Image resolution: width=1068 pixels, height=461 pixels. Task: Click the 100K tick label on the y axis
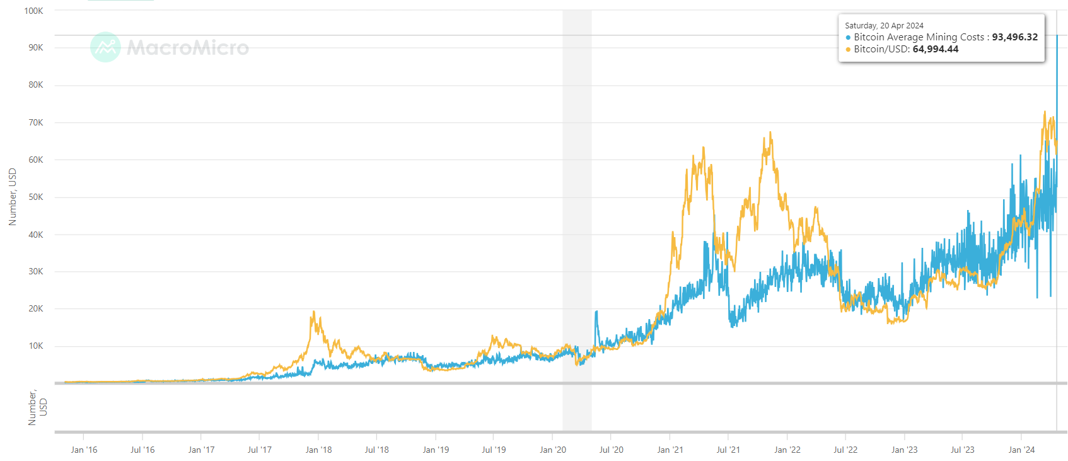[x=33, y=11]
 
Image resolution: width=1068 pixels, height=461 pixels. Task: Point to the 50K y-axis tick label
[x=35, y=197]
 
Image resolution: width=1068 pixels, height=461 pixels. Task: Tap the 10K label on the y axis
[x=35, y=346]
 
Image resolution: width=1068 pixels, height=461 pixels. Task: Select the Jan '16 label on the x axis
[x=84, y=450]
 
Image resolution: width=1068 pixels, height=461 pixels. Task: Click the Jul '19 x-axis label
[x=494, y=450]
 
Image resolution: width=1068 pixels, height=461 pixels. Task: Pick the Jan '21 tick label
[x=670, y=450]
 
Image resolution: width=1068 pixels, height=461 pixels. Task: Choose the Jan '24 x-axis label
[x=1021, y=450]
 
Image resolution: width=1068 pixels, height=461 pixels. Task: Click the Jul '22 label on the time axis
[x=845, y=450]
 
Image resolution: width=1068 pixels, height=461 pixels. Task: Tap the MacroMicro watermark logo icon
[x=105, y=47]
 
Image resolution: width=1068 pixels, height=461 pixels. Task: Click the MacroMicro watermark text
[x=188, y=48]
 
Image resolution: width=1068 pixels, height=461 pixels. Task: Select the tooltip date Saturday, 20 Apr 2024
[x=884, y=26]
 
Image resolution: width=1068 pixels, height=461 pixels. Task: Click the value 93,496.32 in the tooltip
[x=1014, y=37]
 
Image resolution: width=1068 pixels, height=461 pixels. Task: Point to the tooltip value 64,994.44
[x=935, y=49]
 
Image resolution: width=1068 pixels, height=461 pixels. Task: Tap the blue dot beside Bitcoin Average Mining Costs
[x=848, y=38]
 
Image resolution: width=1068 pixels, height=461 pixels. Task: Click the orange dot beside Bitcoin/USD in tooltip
[x=848, y=50]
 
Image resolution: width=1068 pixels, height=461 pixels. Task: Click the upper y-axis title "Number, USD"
[x=13, y=197]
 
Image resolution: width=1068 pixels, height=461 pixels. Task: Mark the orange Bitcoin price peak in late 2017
[x=313, y=312]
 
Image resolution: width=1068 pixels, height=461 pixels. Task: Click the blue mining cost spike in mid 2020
[x=596, y=312]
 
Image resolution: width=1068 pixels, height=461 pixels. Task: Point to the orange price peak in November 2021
[x=770, y=133]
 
